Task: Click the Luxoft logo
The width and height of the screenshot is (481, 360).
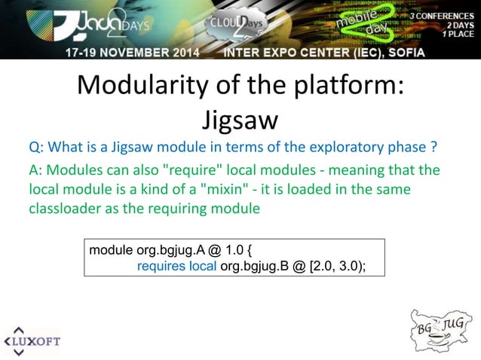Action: click(x=33, y=340)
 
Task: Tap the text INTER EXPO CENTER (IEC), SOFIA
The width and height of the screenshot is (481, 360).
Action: click(x=324, y=53)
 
